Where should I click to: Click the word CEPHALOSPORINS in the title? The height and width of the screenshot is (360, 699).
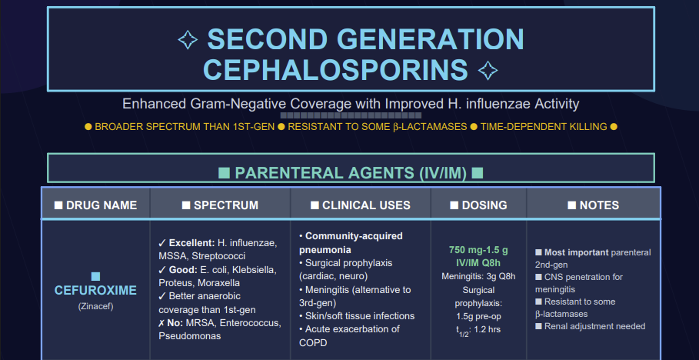click(335, 69)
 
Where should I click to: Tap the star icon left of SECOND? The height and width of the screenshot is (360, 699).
click(188, 39)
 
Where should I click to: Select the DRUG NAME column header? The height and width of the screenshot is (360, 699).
click(95, 205)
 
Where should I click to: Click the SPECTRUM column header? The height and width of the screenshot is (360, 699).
click(220, 205)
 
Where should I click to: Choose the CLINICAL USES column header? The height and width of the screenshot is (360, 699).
click(360, 205)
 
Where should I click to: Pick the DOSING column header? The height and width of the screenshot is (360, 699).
click(478, 205)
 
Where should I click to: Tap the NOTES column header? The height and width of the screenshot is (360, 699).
click(594, 205)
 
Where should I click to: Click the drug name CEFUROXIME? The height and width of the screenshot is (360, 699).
click(95, 291)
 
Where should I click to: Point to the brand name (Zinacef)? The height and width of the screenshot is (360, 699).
click(95, 308)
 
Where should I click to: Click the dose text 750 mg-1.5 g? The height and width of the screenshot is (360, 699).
click(478, 249)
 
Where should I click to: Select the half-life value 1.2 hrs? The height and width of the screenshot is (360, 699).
click(491, 330)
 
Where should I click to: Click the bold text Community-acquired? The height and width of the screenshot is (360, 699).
click(354, 236)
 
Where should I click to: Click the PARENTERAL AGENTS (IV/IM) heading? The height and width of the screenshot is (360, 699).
click(351, 173)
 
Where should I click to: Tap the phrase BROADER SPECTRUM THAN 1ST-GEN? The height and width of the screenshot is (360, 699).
click(185, 127)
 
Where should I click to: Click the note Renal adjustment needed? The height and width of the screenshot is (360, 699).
click(594, 326)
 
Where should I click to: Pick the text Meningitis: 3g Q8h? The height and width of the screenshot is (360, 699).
click(478, 276)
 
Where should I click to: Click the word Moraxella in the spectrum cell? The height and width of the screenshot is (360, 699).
click(218, 283)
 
